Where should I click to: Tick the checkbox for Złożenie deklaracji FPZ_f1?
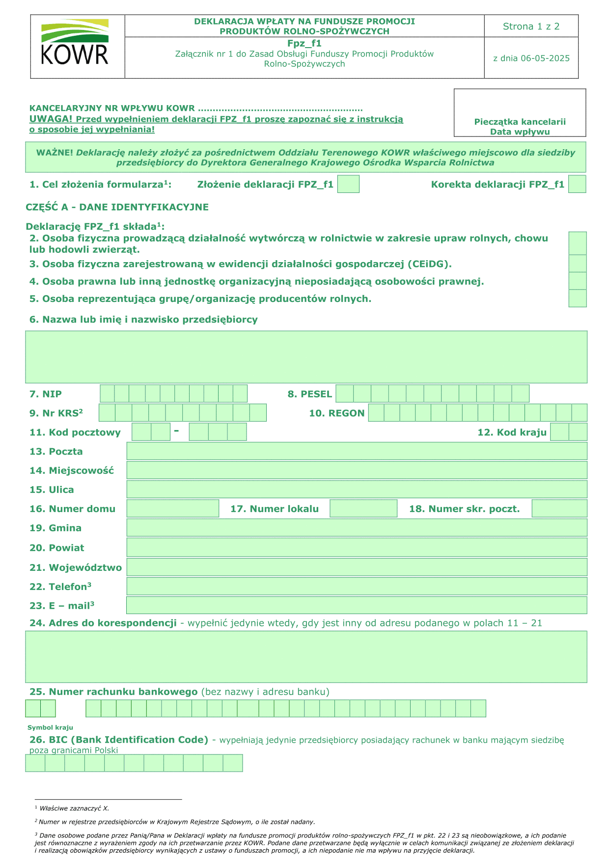[349, 184]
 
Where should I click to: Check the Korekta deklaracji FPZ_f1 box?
[577, 184]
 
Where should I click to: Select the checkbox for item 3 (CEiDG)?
[578, 264]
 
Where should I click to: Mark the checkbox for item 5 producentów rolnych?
[578, 298]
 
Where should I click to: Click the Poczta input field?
[357, 451]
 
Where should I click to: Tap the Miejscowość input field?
[357, 470]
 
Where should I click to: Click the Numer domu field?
[173, 509]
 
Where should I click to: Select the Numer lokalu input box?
[363, 509]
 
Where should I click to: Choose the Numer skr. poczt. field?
[559, 509]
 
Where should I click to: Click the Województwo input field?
[357, 567]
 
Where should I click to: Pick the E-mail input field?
[357, 605]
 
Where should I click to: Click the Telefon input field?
[357, 586]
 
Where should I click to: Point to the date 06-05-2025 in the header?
[531, 58]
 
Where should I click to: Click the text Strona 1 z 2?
[531, 27]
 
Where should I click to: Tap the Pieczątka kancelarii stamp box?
[520, 112]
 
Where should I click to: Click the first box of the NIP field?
[107, 394]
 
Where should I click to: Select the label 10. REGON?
[336, 413]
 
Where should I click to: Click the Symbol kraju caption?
[50, 727]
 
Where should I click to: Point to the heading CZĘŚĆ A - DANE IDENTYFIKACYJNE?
[117, 207]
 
